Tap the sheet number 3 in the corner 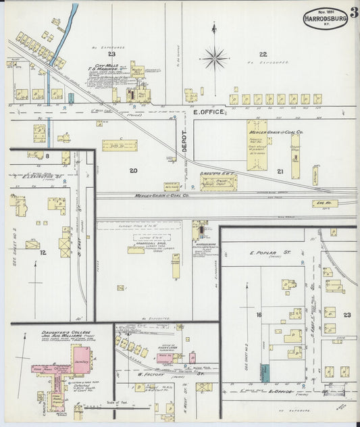coord(355,12)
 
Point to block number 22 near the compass coord(263,53)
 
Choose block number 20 coord(134,170)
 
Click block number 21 coord(280,172)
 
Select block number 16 coord(258,315)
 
